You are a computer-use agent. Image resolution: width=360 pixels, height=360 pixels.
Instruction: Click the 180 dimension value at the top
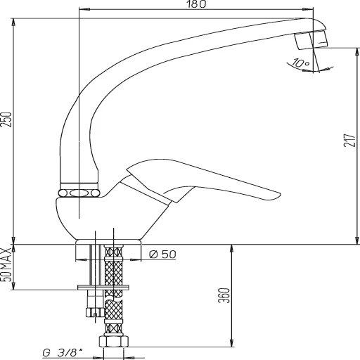(x=197, y=5)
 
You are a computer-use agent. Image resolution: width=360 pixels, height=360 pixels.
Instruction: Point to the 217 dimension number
(x=349, y=144)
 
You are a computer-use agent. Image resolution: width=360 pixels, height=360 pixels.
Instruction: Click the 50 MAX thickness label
(x=7, y=266)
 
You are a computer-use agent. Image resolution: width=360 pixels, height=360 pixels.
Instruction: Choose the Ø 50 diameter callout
(x=163, y=255)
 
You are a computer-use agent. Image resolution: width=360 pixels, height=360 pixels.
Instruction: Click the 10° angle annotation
(x=302, y=64)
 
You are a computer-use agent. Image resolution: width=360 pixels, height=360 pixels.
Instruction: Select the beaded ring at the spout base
(x=79, y=192)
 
